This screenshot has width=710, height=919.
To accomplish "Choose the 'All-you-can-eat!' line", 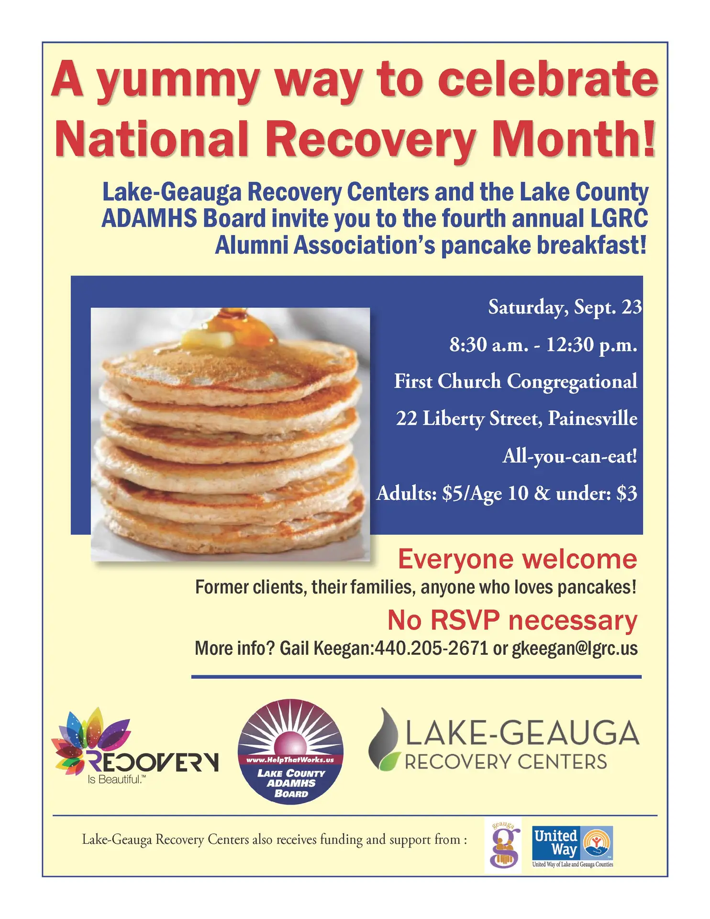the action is tap(570, 457).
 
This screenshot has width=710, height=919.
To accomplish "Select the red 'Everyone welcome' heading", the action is tap(518, 559).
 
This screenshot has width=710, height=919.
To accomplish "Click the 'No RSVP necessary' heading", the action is tap(512, 621).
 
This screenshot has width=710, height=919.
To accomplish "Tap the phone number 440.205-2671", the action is tap(431, 649).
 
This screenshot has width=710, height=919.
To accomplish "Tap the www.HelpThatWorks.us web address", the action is tap(290, 760).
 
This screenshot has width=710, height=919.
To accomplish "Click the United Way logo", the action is tap(573, 847).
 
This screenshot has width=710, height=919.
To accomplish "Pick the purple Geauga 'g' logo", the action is tap(503, 846).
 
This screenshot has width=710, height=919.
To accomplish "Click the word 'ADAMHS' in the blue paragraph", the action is tap(150, 219).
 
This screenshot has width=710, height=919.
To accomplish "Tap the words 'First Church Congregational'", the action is tap(516, 382).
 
